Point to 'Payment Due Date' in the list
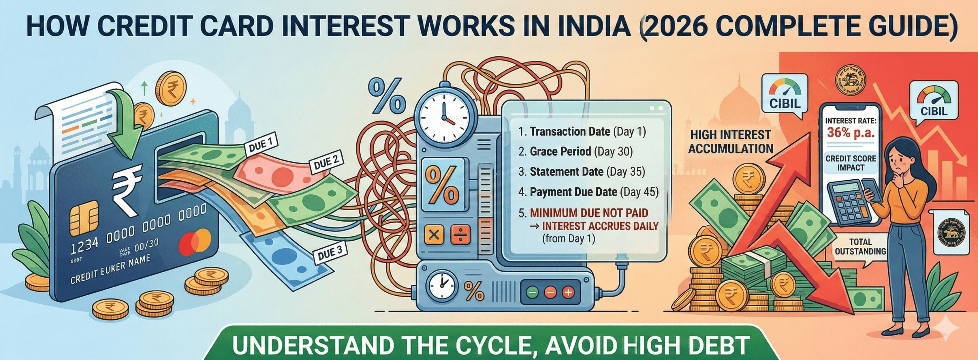tap(573, 192)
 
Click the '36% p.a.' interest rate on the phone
tap(851, 133)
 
